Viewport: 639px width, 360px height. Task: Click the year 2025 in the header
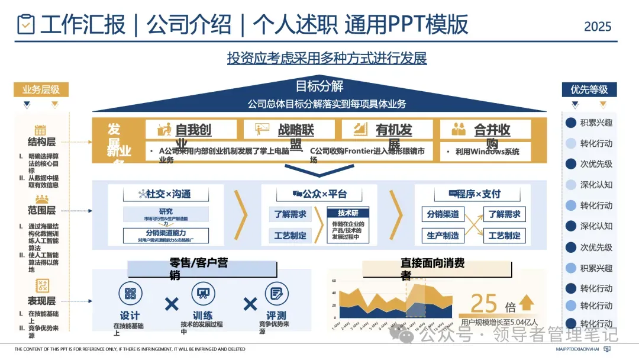598,27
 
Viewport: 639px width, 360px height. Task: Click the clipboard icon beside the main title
25,24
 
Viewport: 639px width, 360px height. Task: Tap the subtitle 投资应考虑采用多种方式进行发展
327,58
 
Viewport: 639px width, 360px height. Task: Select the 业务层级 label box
41,90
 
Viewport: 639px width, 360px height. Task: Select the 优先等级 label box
589,90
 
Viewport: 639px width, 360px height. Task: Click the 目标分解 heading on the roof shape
319,86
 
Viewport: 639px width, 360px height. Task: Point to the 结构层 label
41,142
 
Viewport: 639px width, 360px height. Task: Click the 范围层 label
41,210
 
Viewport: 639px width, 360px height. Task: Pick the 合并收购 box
485,130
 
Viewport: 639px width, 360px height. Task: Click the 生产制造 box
443,235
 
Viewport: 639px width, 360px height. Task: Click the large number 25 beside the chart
484,303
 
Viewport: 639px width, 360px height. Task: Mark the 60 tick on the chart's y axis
334,281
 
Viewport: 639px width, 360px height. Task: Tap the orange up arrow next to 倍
526,303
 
